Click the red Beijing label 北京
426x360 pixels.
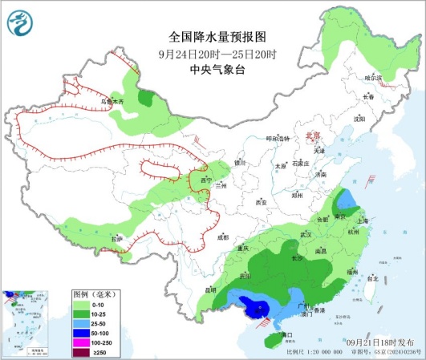click(313, 136)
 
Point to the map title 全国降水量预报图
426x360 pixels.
click(212, 37)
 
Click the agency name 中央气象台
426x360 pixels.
click(212, 69)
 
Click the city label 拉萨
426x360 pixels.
click(117, 239)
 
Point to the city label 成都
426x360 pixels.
click(222, 237)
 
